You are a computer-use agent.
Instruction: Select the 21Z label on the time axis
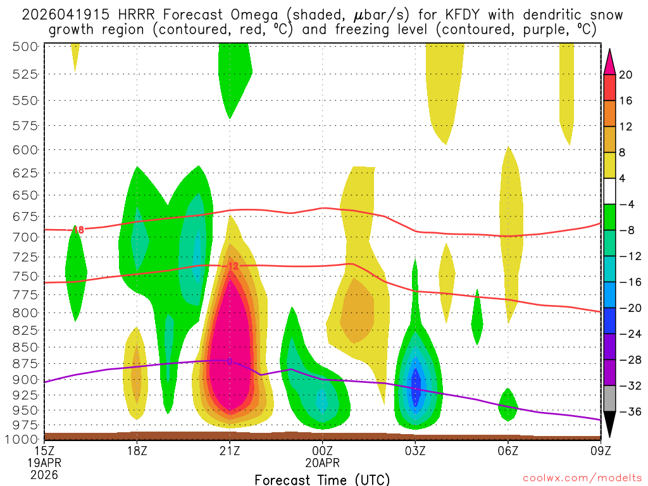tap(230, 452)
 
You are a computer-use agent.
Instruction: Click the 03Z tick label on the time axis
tap(415, 452)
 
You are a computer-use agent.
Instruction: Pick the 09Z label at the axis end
tap(601, 452)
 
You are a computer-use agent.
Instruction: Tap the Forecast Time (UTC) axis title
tap(322, 479)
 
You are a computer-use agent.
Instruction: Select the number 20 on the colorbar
tap(626, 75)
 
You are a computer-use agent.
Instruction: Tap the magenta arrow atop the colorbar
tap(609, 61)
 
